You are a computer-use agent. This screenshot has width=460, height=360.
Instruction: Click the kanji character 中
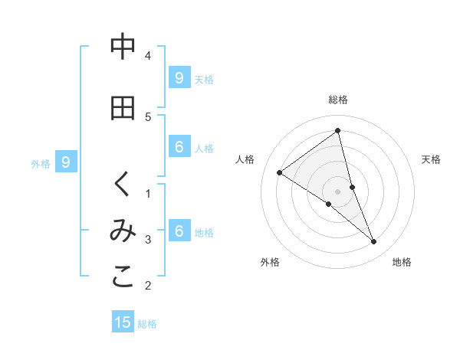pyautogui.click(x=123, y=47)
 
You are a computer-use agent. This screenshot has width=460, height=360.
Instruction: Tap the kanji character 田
pyautogui.click(x=123, y=108)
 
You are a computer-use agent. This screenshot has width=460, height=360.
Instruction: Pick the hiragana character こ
pyautogui.click(x=123, y=279)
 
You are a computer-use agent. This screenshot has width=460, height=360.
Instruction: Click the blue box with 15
pyautogui.click(x=123, y=322)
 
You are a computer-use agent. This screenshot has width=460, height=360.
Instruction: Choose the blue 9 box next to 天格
pyautogui.click(x=179, y=78)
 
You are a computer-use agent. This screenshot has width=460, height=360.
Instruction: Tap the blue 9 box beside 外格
pyautogui.click(x=66, y=162)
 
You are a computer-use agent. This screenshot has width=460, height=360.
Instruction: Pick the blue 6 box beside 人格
pyautogui.click(x=179, y=147)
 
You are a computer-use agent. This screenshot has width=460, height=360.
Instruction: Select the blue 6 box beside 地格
pyautogui.click(x=179, y=231)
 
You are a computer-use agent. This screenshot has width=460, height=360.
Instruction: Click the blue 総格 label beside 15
pyautogui.click(x=147, y=324)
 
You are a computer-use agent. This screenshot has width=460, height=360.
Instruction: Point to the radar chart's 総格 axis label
pyautogui.click(x=338, y=100)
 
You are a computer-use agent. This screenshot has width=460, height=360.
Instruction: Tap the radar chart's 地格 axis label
pyautogui.click(x=402, y=262)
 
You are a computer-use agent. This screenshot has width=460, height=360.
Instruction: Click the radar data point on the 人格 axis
pyautogui.click(x=279, y=172)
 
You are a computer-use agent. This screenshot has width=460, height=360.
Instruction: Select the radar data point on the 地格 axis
pyautogui.click(x=374, y=242)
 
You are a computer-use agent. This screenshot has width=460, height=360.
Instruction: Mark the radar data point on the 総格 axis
pyautogui.click(x=338, y=131)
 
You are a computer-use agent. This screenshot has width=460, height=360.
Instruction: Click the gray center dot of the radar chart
pyautogui.click(x=338, y=191)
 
